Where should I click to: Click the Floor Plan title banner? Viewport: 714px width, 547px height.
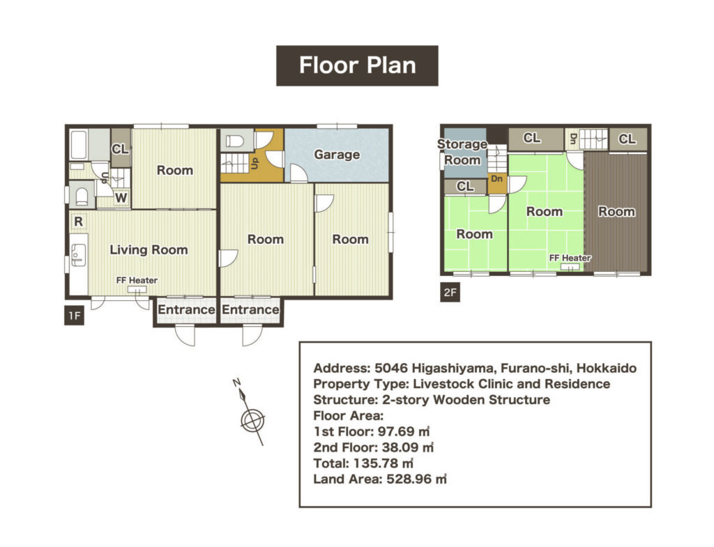(357, 66)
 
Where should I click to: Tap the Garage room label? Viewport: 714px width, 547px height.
(337, 155)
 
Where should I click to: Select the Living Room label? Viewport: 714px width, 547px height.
(149, 249)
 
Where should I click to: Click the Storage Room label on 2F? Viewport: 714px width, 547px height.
(462, 152)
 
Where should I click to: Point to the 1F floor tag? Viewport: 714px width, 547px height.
(74, 316)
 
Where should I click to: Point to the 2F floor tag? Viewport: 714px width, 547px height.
(450, 292)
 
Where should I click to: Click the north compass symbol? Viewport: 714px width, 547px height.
(250, 412)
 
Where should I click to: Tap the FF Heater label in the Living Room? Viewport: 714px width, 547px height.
(137, 280)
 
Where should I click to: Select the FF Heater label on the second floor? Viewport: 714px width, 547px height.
(570, 258)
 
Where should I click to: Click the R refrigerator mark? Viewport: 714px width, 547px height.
(78, 222)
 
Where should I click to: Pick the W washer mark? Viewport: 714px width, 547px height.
(121, 198)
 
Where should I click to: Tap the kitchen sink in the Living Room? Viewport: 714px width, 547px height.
(78, 255)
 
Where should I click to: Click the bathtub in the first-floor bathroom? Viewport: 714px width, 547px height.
(79, 145)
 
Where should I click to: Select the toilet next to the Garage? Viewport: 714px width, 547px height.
(234, 141)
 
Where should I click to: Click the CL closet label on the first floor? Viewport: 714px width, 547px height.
(120, 149)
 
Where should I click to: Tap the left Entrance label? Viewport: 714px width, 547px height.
(186, 309)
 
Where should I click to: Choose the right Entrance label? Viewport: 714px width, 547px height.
(250, 309)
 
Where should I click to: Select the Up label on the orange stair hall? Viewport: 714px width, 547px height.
(255, 163)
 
